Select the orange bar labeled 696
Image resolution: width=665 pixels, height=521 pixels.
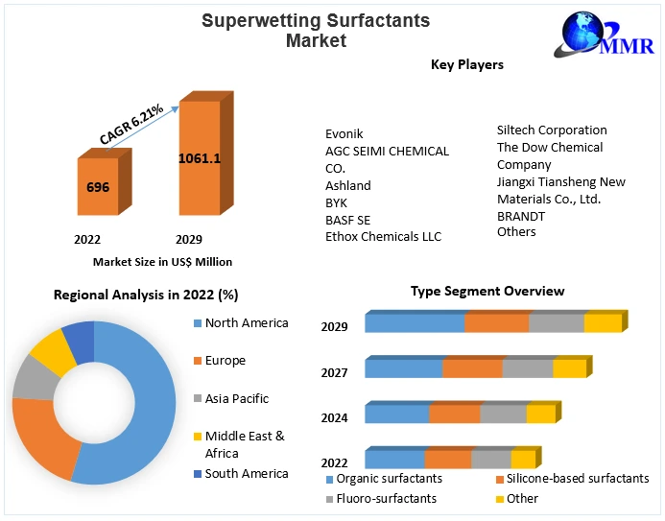tap(98, 187)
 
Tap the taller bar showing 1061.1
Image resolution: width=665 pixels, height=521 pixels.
tap(200, 157)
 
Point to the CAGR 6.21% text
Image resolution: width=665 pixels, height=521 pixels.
tap(131, 126)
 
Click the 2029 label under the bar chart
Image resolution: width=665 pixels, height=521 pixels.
tap(188, 239)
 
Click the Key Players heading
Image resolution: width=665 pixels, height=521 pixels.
tap(467, 65)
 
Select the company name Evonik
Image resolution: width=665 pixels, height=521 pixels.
tap(344, 134)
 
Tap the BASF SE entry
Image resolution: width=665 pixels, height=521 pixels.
tap(347, 220)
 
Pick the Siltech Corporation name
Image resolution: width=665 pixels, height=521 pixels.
tap(552, 130)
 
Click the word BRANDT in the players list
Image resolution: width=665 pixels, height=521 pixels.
tap(521, 216)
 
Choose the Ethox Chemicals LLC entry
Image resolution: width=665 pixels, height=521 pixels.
tap(384, 236)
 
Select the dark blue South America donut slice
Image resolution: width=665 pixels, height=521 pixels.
tap(79, 338)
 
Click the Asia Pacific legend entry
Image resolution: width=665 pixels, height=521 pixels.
tap(236, 398)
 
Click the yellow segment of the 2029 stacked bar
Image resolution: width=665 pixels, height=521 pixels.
tap(603, 323)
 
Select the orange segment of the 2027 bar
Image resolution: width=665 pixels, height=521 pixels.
tap(472, 368)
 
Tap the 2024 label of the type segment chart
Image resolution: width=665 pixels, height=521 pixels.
tap(335, 417)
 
